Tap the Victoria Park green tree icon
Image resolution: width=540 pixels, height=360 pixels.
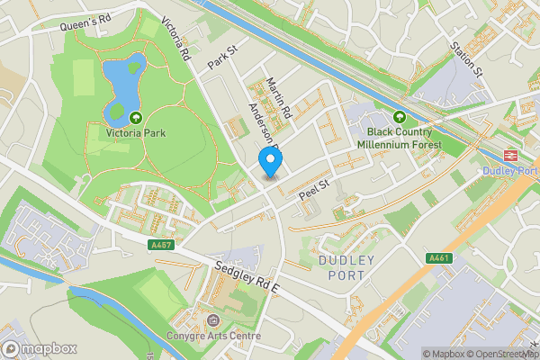coord(136,117)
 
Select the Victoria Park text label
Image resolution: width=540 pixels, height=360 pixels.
coord(136,134)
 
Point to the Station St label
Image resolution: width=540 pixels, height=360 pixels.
coord(467,58)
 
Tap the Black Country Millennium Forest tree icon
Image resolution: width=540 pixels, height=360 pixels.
coord(400,116)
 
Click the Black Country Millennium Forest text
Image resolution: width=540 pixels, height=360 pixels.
coord(400,137)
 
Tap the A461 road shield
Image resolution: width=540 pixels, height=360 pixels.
coord(438,258)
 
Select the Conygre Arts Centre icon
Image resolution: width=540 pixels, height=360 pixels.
coord(212,320)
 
